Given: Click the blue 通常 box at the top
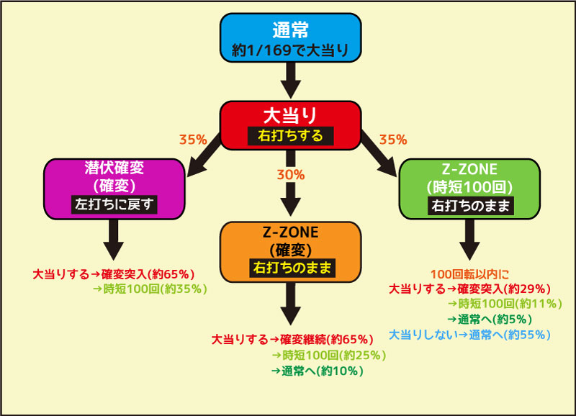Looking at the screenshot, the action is click(290, 38).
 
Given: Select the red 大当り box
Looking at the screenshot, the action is click(290, 125).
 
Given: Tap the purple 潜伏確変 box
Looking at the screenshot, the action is click(114, 189).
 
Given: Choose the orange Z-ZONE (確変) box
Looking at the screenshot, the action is click(290, 252).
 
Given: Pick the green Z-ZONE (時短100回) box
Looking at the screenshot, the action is click(469, 189).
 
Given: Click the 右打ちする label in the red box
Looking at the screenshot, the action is click(290, 136).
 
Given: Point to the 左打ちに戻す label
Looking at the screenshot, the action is click(114, 204).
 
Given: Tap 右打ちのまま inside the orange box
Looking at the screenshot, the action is click(292, 268).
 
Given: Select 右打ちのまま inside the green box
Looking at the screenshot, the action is click(471, 206).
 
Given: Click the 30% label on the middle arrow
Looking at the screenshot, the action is click(291, 175).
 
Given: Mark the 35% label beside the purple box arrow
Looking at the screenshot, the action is click(193, 140).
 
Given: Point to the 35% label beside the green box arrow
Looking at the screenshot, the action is click(393, 140).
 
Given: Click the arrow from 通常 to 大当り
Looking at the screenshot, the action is click(291, 81).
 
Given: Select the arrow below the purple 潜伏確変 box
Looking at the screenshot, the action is click(114, 240).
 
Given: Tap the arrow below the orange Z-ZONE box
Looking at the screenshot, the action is click(291, 304).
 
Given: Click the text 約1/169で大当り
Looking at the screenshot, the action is click(290, 50).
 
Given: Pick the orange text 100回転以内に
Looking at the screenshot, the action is click(469, 274).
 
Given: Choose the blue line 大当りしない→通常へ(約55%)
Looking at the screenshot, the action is click(470, 335).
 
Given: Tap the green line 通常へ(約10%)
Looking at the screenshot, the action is click(318, 371).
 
